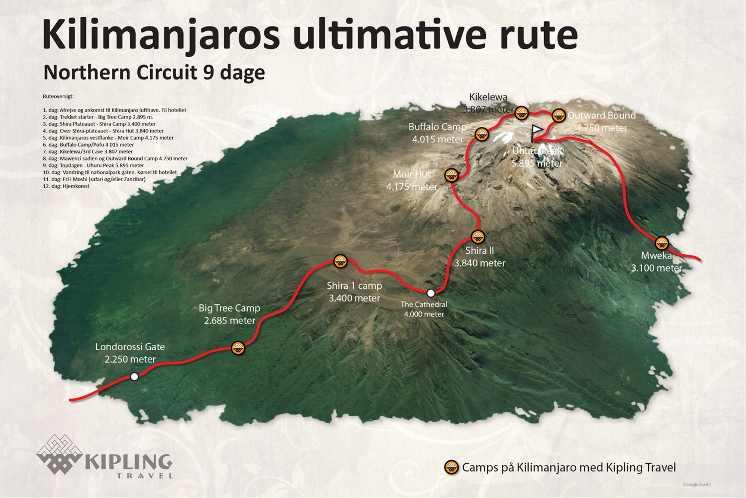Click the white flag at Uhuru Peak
[x=537, y=130]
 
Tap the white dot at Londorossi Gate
[x=134, y=377]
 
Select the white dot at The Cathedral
[x=431, y=293]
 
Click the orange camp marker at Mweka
[x=662, y=243]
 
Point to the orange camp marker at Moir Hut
[x=451, y=175]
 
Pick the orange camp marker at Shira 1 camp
[x=340, y=261]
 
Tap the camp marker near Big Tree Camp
[x=238, y=348]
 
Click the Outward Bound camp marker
[x=558, y=116]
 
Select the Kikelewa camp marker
[x=521, y=113]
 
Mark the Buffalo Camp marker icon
[x=482, y=134]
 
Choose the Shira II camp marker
[x=478, y=237]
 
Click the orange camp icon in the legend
[x=451, y=467]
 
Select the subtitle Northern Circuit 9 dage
[x=154, y=72]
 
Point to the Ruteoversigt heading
[x=58, y=96]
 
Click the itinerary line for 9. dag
[x=93, y=165]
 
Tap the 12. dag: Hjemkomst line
[x=66, y=186]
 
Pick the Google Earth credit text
[x=697, y=485]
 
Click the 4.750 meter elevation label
[x=601, y=128]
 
